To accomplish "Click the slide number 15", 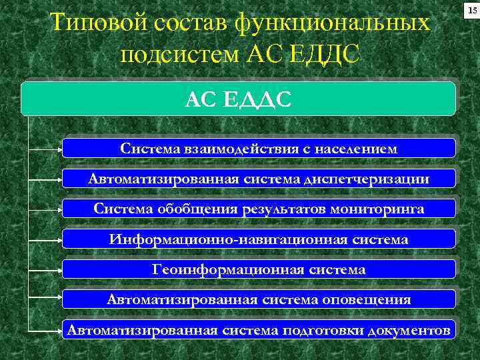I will (471, 11).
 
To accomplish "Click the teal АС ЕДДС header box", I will (238, 99).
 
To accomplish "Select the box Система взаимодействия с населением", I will (259, 147).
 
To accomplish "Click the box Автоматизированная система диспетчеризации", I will (259, 178).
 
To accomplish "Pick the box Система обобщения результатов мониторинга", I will (259, 209).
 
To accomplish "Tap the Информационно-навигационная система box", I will (259, 239).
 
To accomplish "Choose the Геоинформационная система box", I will (259, 269).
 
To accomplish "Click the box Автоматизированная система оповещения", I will (259, 299).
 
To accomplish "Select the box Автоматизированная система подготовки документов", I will (259, 330).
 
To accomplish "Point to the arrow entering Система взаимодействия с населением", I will (47, 149).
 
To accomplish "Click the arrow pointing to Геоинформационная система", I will (47, 270).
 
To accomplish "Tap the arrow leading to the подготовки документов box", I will (47, 331).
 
